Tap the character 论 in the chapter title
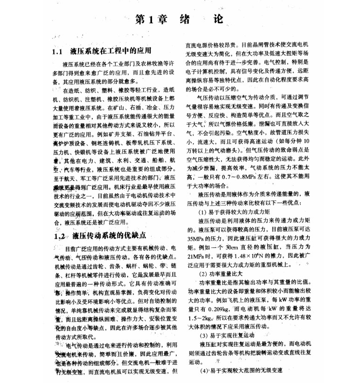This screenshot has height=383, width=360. point(218,20)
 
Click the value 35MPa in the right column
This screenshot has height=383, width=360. point(194,237)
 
